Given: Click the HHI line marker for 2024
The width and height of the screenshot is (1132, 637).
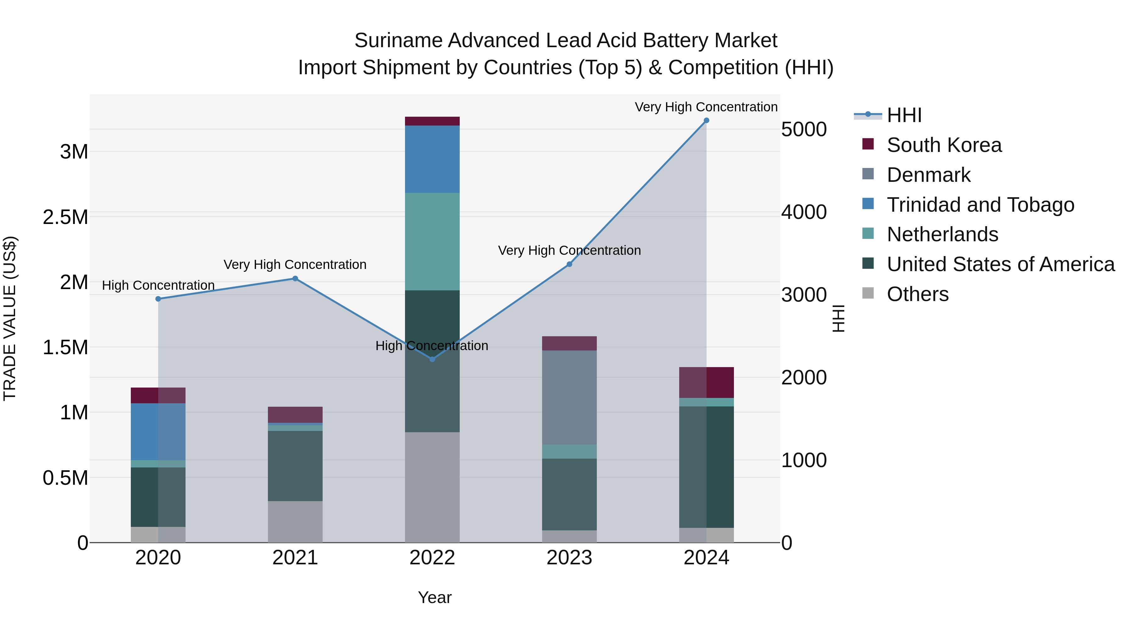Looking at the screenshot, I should [x=706, y=120].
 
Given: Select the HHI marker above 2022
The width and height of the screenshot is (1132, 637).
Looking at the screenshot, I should [x=432, y=359].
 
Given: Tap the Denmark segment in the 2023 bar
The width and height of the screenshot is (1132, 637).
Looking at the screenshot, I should [x=569, y=397].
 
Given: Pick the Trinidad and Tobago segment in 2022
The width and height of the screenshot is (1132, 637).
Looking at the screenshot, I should [x=432, y=159].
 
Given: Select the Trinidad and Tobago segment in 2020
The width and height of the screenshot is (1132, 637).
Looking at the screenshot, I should [x=158, y=431].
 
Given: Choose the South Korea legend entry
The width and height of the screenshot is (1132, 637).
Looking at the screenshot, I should [x=944, y=145].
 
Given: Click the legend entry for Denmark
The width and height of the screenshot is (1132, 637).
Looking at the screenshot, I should [x=928, y=175].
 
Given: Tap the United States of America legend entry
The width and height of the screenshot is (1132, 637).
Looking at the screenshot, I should [x=1000, y=264].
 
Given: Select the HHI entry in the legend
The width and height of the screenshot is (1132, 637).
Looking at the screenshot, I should [x=904, y=115].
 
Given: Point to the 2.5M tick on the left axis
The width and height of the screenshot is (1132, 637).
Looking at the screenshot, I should [x=65, y=217].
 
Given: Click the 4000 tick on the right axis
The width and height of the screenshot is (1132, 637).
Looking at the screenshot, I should [x=804, y=212].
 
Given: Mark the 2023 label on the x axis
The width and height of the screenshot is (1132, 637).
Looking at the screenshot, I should [x=569, y=558].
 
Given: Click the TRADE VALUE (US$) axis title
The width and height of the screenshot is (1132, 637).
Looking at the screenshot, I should [x=10, y=318].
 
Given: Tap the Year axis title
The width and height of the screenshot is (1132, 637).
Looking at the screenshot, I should [x=435, y=597].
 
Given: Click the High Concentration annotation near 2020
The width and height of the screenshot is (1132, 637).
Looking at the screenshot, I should [x=158, y=285].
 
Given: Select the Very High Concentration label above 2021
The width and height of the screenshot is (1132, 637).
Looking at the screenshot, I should [x=295, y=265].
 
